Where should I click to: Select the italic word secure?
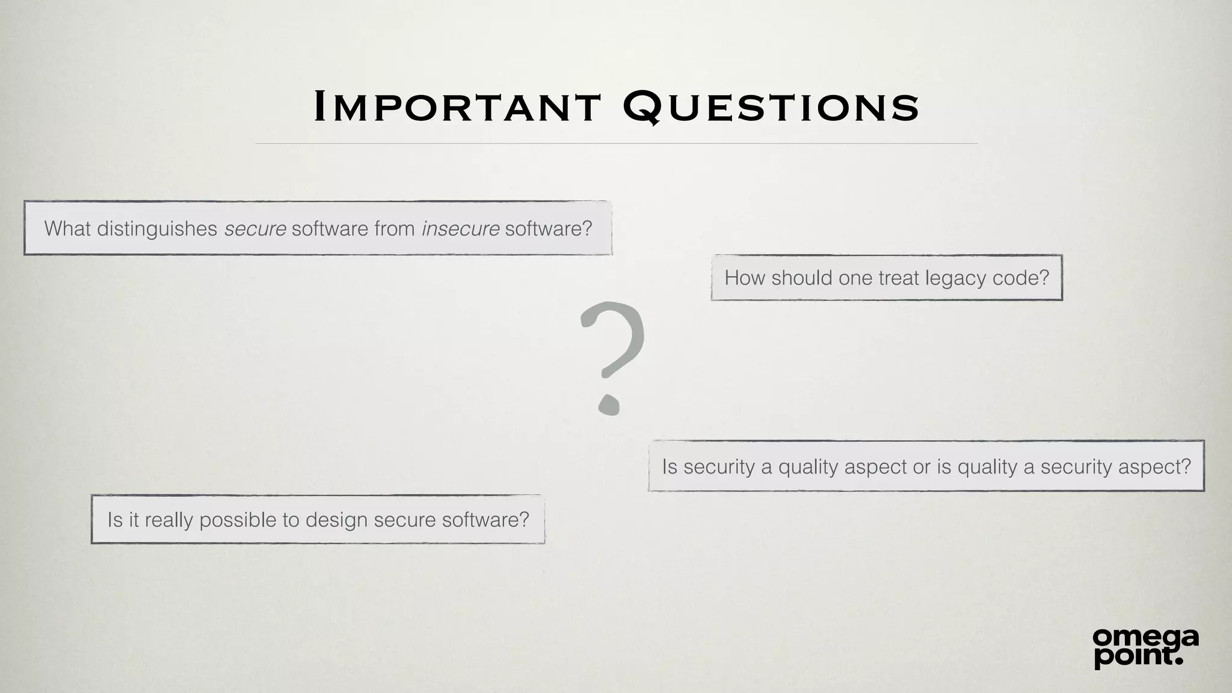point(255,229)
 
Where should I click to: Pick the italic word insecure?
point(460,229)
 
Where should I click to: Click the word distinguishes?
point(157,229)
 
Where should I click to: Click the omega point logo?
point(1145,647)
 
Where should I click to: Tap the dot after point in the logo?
point(1178,661)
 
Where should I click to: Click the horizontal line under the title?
point(616,144)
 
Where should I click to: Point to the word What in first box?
point(67,229)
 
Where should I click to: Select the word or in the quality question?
point(922,467)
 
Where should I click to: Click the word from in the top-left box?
point(394,229)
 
